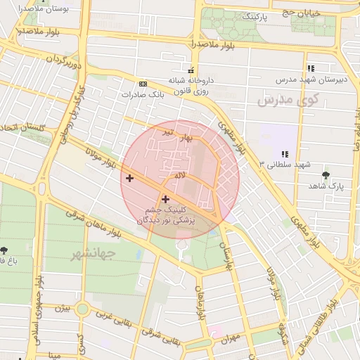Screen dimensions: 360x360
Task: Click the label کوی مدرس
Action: pos(288,101)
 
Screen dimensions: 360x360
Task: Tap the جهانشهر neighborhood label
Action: pos(91,254)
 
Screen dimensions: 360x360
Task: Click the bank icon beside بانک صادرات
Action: pos(143,83)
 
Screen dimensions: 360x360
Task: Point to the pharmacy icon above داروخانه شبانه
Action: pos(190,70)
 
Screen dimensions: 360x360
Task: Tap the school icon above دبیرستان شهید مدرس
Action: pos(310,68)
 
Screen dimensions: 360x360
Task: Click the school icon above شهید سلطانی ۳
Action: pos(284,153)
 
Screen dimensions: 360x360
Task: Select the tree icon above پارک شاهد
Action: pos(325,174)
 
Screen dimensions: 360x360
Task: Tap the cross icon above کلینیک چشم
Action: pos(165,199)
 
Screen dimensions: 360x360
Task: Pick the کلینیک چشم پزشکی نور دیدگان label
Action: pos(169,215)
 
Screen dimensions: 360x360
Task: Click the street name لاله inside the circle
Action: pos(180,174)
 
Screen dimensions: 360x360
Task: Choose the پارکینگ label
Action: pos(255,15)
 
